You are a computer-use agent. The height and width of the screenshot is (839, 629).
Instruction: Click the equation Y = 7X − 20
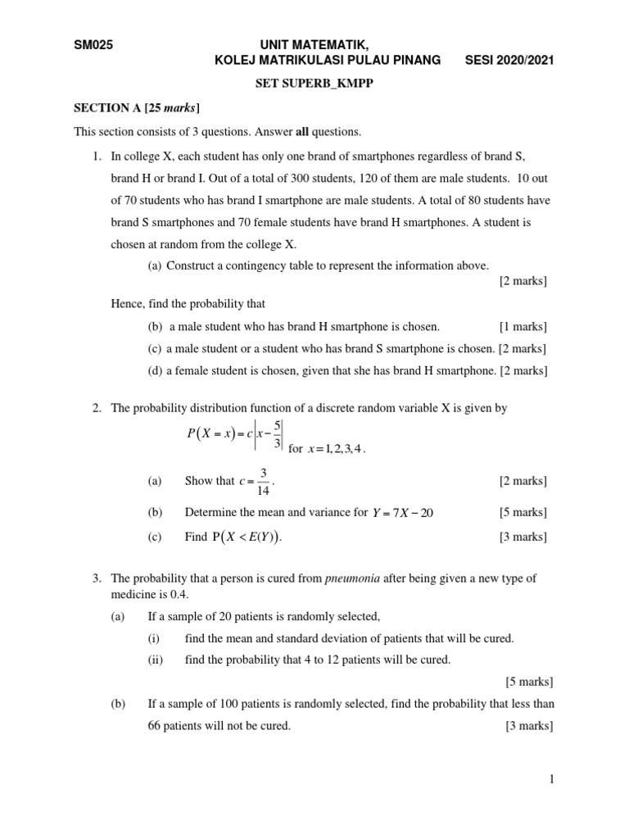coord(402,513)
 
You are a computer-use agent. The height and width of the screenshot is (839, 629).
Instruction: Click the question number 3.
coord(96,578)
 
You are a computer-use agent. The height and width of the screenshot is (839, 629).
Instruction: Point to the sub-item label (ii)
coord(156,660)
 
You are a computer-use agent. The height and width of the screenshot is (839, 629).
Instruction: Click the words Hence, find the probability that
coord(188,303)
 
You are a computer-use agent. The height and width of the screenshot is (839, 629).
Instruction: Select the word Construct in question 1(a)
coord(191,265)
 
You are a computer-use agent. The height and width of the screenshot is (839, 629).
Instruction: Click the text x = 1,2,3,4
coord(336,449)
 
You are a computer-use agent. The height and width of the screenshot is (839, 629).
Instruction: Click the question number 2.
coord(96,408)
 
